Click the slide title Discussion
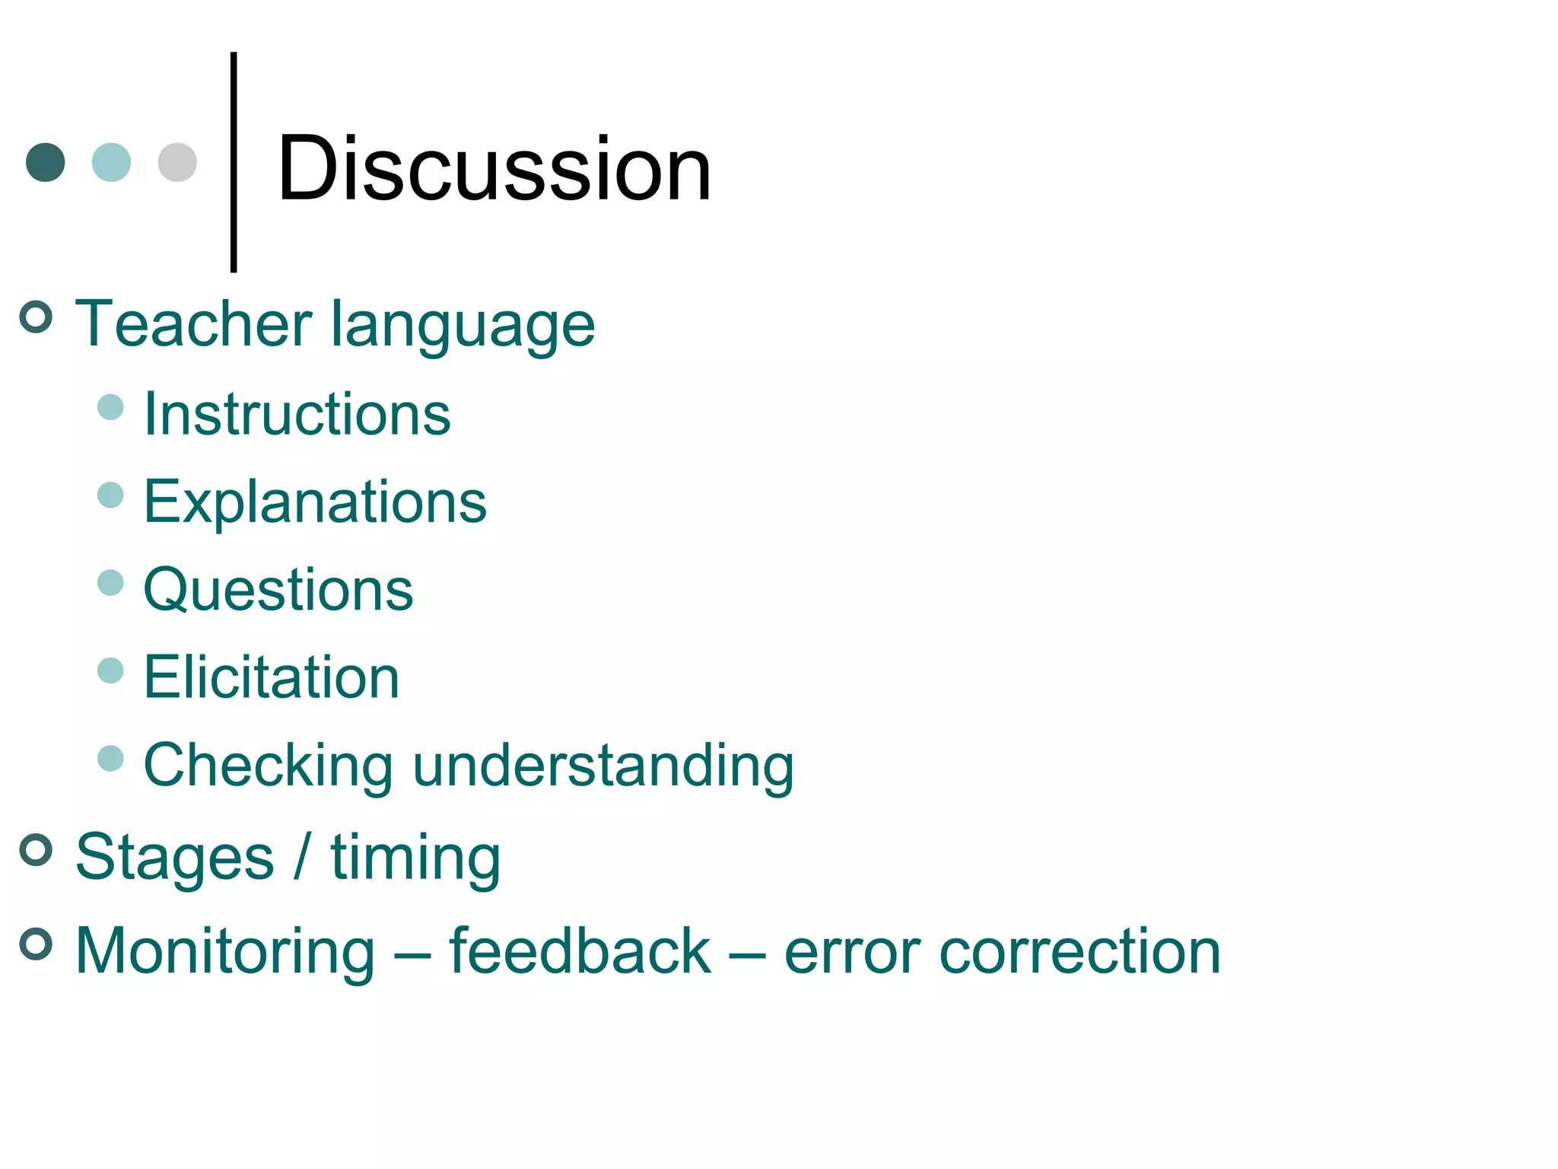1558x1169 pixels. (x=494, y=169)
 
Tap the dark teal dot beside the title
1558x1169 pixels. (x=46, y=162)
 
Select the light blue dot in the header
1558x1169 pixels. (x=111, y=162)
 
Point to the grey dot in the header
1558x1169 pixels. (x=177, y=162)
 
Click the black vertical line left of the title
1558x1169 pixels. (x=234, y=161)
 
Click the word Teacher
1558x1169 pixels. (x=193, y=324)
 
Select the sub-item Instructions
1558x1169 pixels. (x=297, y=415)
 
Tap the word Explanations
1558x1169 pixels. (x=315, y=503)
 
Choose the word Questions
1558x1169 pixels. (x=278, y=591)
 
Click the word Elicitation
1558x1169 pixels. (x=272, y=677)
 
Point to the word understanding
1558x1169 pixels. (x=603, y=766)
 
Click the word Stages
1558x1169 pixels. (x=175, y=858)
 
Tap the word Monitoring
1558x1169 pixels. (x=226, y=952)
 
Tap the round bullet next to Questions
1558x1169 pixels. (x=111, y=583)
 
